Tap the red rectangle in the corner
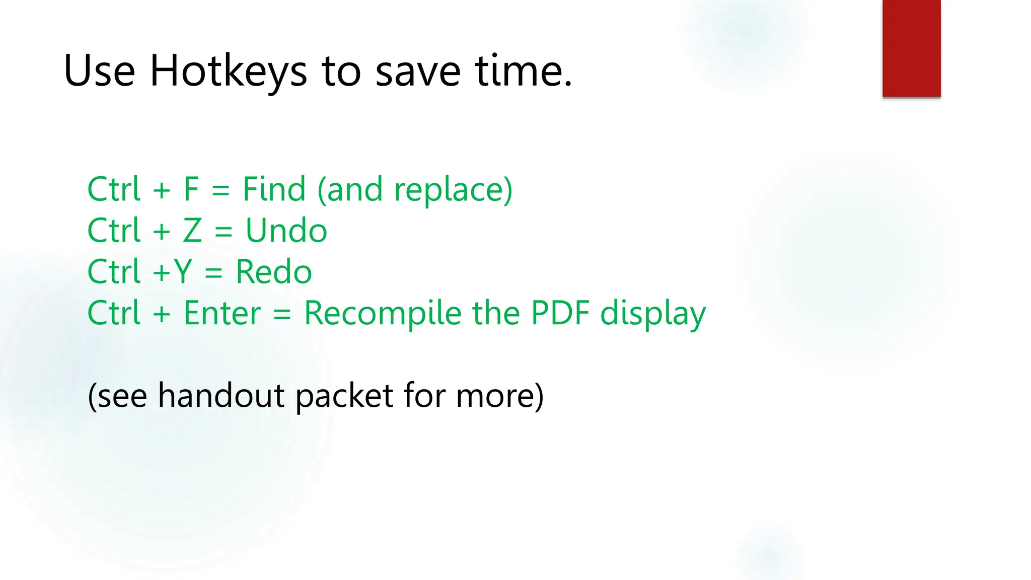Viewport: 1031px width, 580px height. [x=911, y=48]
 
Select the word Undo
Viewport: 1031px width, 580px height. [x=286, y=231]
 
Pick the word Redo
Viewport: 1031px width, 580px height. [x=273, y=272]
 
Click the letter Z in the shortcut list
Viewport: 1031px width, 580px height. [x=192, y=231]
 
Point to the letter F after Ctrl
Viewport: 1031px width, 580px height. [x=191, y=189]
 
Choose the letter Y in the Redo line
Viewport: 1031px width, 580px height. [x=182, y=272]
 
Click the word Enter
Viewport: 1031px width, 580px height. [x=222, y=313]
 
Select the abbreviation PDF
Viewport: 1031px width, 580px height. [x=560, y=313]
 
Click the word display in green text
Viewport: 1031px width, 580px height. [x=653, y=313]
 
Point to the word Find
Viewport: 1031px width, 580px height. [x=274, y=189]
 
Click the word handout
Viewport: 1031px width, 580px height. [x=222, y=395]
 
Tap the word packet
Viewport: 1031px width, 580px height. [x=344, y=395]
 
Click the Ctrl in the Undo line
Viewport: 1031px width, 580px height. [x=113, y=231]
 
